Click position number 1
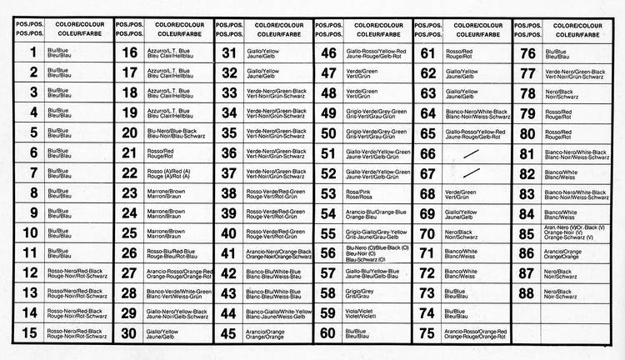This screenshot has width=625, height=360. (32, 52)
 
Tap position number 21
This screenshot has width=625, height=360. (129, 152)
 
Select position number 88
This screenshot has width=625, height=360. (527, 293)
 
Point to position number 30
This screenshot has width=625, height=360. (129, 333)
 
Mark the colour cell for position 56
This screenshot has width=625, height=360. (376, 253)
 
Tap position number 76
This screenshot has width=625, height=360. (527, 52)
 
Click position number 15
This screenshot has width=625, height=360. (32, 333)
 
